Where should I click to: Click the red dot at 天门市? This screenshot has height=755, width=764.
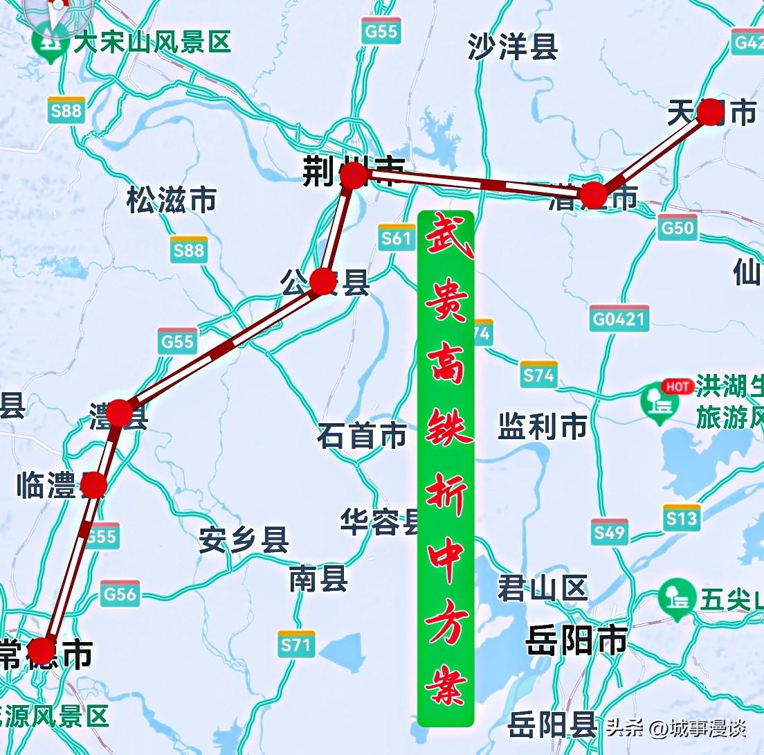[x=710, y=112]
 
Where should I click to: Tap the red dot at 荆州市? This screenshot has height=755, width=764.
[x=354, y=176]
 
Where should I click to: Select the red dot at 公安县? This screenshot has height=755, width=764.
[x=322, y=281]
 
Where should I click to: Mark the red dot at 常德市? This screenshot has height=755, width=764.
[x=42, y=650]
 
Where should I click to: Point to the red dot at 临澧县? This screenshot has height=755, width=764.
[x=93, y=485]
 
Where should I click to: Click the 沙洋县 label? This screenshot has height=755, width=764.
[x=513, y=46]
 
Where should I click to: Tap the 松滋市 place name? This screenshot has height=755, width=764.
[x=172, y=200]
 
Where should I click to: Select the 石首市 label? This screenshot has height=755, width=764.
[x=362, y=436]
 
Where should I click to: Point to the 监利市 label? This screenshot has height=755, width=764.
[x=543, y=427]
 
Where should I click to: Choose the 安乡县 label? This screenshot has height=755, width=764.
[x=244, y=540]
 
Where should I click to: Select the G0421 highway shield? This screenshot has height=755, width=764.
[x=619, y=319]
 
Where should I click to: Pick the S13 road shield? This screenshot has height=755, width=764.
[x=681, y=518]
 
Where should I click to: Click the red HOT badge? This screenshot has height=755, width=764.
[x=677, y=387]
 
